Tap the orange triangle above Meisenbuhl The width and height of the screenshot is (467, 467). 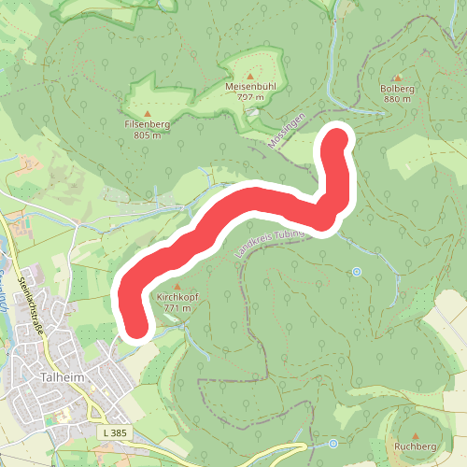pyautogui.click(x=250, y=76)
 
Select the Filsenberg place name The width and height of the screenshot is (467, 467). pyautogui.click(x=148, y=123)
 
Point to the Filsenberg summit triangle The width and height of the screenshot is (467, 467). pyautogui.click(x=148, y=113)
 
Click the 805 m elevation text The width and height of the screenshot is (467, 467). pyautogui.click(x=148, y=134)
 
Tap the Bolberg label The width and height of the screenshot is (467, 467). pyautogui.click(x=397, y=88)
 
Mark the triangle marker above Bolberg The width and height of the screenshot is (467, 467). pyautogui.click(x=397, y=78)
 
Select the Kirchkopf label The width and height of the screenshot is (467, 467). pyautogui.click(x=177, y=296)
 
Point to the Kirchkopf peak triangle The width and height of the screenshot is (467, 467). pyautogui.click(x=177, y=286)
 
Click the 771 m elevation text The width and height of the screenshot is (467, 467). pyautogui.click(x=177, y=307)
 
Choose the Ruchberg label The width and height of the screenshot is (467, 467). pyautogui.click(x=416, y=447)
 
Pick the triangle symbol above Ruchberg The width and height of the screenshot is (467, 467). pyautogui.click(x=416, y=436)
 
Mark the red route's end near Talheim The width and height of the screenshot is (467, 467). pyautogui.click(x=137, y=328)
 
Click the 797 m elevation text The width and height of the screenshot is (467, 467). pyautogui.click(x=250, y=96)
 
